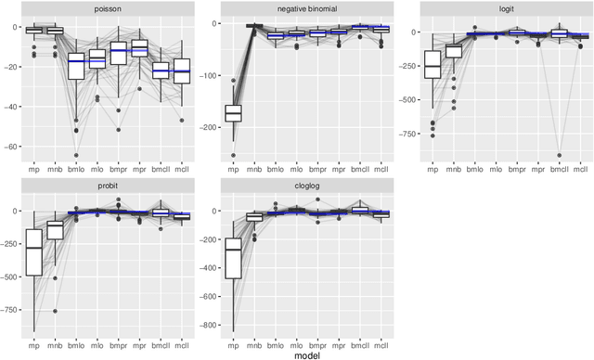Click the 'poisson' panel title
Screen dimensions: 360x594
pos(105,7)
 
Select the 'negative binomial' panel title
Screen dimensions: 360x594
pos(303,7)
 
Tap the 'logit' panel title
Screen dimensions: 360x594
pos(500,7)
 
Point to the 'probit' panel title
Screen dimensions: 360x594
pos(105,188)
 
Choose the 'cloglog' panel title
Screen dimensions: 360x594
pos(303,188)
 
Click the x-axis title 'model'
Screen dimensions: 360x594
pos(303,354)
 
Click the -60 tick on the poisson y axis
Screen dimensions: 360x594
pos(14,147)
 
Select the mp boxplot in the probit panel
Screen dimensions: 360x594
pos(35,249)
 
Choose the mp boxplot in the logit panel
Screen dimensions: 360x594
pos(432,64)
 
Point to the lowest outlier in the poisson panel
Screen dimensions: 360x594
pos(76,155)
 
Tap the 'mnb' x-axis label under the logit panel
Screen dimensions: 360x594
pos(454,169)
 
